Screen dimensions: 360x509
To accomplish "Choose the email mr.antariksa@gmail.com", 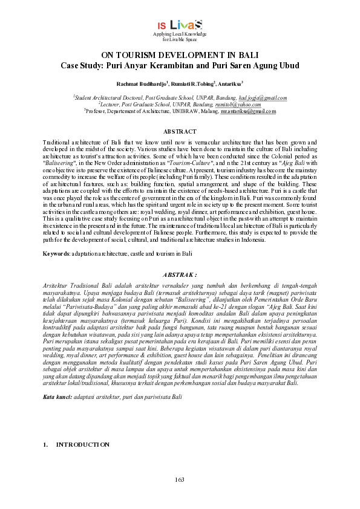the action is [x=248, y=111].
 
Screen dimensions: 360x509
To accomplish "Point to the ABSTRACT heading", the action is [x=180, y=132].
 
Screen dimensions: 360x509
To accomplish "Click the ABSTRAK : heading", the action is [x=180, y=274].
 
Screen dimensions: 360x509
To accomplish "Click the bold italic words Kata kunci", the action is [x=56, y=397].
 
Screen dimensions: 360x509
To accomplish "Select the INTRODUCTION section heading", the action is [x=83, y=445].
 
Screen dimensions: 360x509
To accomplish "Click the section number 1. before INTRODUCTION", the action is [x=45, y=445].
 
